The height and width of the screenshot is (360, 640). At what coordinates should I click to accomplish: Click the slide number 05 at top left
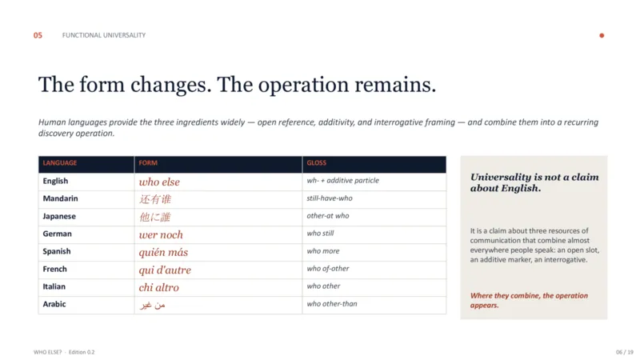tap(38, 35)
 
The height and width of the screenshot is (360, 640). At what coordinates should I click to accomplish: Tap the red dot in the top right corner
tap(602, 35)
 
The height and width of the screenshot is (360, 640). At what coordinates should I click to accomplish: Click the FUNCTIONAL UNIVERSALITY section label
tap(104, 35)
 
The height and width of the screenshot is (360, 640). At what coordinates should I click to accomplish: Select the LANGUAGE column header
tap(59, 163)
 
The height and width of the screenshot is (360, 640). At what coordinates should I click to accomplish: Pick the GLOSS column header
tap(316, 163)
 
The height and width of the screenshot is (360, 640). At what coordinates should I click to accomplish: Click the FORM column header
tap(148, 163)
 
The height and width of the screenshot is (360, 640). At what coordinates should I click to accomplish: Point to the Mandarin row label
tap(61, 198)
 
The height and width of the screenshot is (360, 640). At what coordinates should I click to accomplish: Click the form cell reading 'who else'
tap(159, 182)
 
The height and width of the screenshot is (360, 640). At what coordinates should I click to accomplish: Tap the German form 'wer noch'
tap(161, 234)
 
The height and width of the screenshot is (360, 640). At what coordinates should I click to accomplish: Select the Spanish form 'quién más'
tap(163, 252)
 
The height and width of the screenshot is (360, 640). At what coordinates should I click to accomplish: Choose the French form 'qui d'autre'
tap(165, 270)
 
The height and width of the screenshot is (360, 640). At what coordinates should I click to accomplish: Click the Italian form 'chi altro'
tap(158, 287)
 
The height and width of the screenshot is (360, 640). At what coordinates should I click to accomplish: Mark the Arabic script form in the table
tap(152, 305)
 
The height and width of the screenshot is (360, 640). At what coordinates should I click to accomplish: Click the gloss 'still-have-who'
tap(330, 198)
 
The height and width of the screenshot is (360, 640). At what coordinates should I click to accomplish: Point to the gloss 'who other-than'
tap(332, 304)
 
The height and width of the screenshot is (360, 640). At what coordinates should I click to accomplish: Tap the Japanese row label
tap(59, 216)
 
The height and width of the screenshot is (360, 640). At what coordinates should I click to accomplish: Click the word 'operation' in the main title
tap(303, 86)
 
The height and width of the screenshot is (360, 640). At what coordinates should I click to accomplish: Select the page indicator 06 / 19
tap(625, 352)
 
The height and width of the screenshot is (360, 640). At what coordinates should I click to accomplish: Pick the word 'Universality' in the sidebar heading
tap(501, 177)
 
